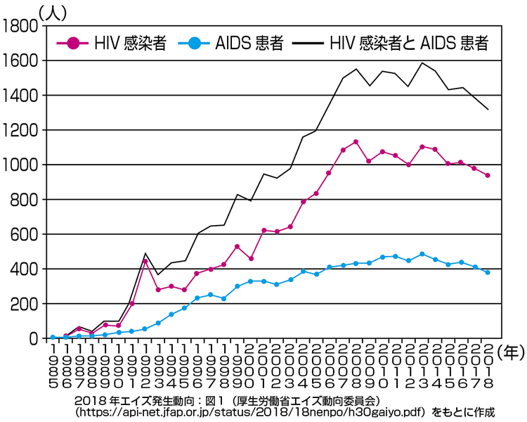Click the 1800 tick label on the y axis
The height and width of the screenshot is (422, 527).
21,27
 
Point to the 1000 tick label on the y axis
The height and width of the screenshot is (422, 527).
21,165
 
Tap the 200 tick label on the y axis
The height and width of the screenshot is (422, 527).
25,304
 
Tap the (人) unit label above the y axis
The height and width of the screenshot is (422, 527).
53,10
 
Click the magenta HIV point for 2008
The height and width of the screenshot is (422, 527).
356,142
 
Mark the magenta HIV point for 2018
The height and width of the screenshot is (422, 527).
488,175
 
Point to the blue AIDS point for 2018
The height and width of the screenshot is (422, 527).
488,272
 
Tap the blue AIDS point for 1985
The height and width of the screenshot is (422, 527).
53,338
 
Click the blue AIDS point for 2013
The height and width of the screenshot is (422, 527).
422,254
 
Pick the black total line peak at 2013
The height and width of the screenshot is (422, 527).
422,63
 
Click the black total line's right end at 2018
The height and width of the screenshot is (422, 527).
488,109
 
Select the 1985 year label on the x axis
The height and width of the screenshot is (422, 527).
53,364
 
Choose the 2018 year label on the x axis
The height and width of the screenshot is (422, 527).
488,364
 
